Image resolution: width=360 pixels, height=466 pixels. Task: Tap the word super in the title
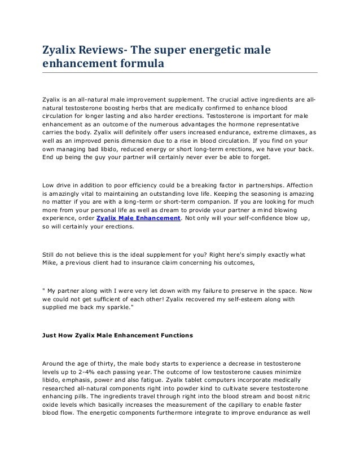point(169,51)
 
